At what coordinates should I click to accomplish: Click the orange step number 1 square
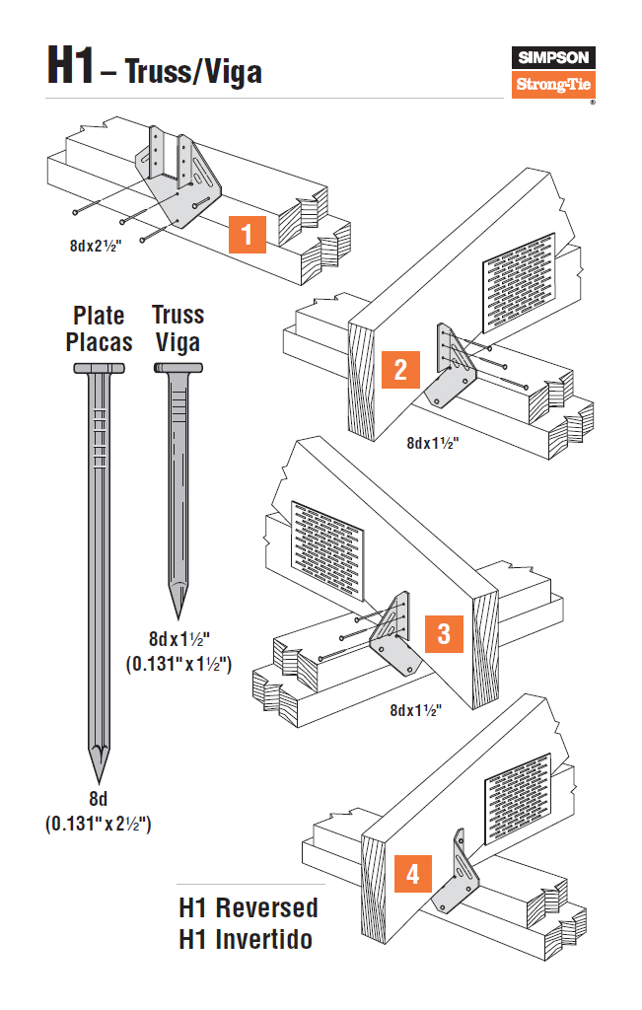(247, 237)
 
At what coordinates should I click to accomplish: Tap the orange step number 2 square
(400, 370)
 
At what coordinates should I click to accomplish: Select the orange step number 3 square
(444, 633)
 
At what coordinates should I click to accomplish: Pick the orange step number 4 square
(412, 873)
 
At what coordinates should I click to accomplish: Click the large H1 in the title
(70, 64)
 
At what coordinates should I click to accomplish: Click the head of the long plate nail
(99, 369)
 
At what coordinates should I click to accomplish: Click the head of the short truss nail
(178, 369)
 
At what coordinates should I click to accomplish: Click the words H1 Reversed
(249, 907)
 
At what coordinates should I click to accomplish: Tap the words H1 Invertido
(246, 940)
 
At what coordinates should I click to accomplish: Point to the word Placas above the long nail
(99, 342)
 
